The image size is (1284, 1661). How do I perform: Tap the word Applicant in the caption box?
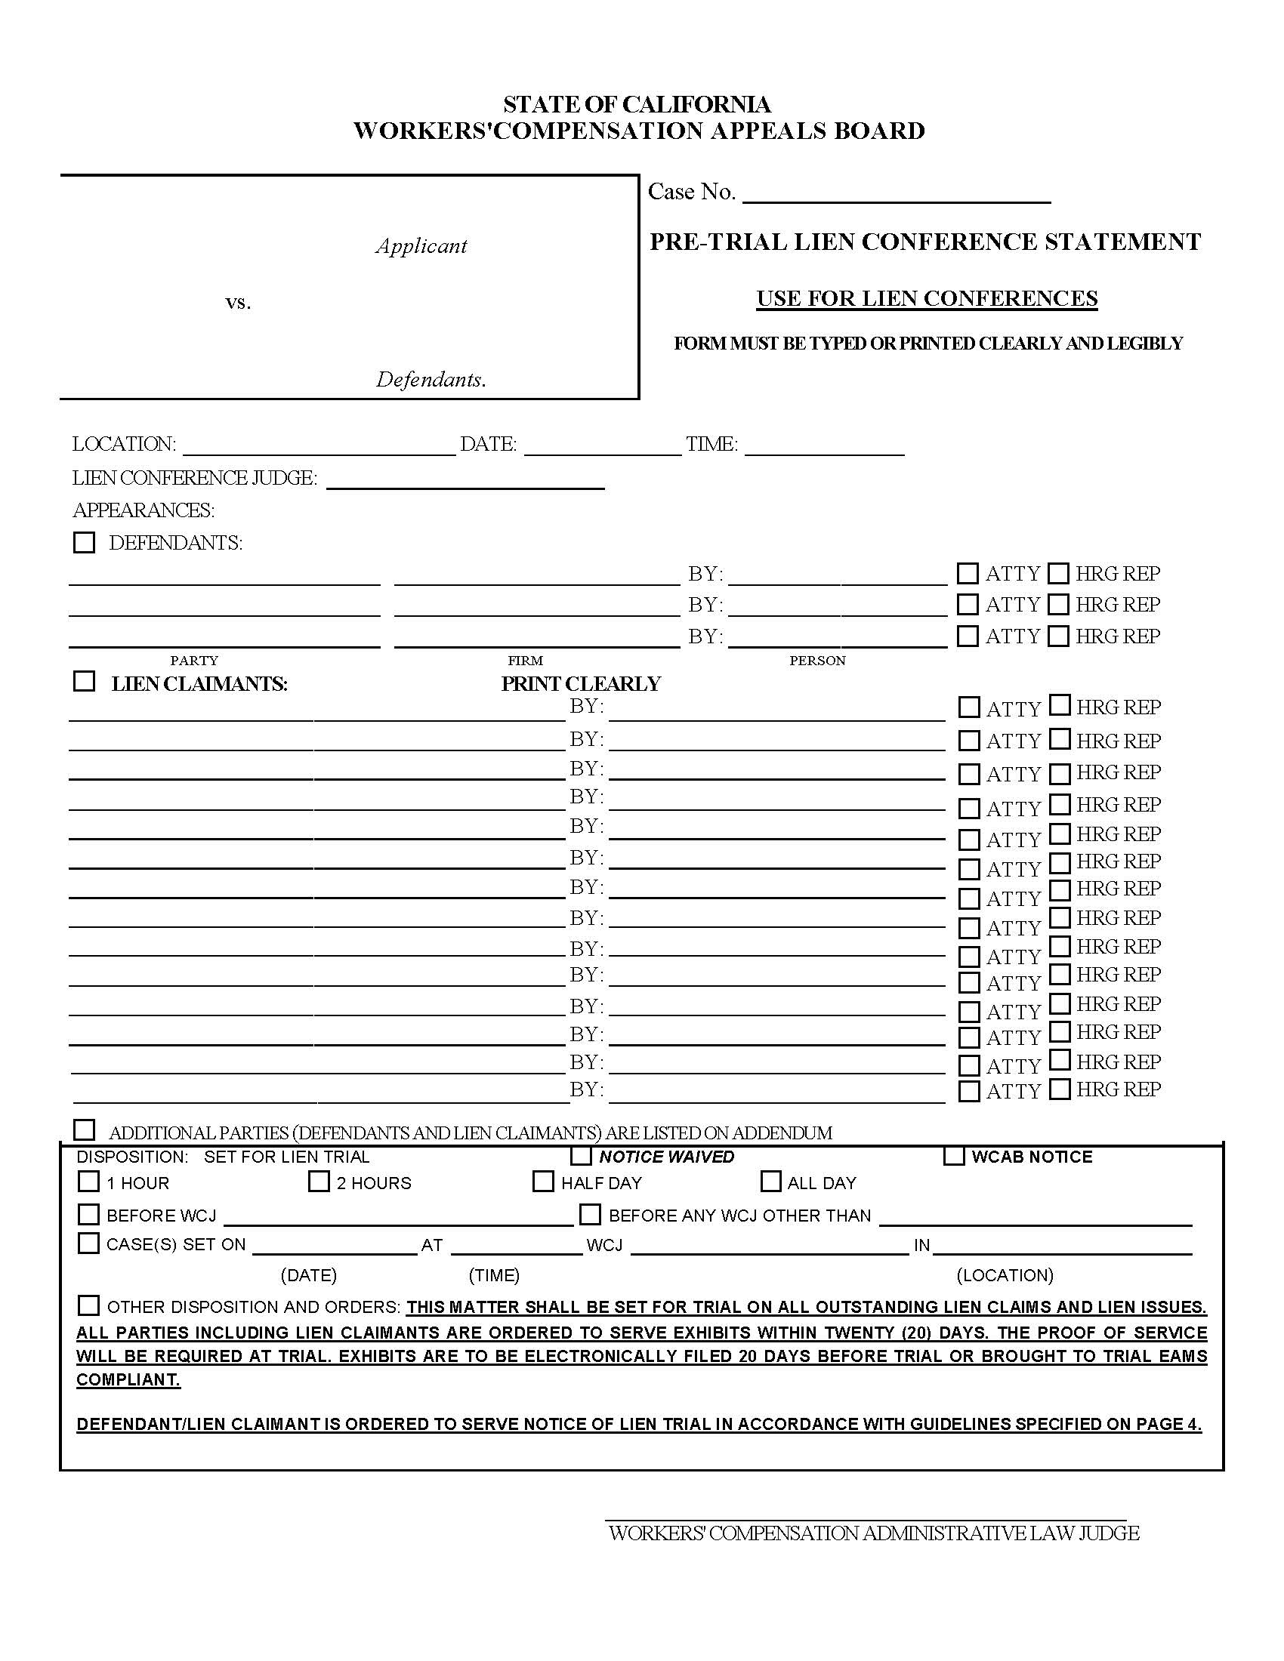421,245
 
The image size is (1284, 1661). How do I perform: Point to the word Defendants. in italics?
431,380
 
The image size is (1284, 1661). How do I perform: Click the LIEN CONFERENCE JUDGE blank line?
465,480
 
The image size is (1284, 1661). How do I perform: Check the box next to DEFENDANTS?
85,543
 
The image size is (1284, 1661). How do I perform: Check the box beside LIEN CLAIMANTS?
85,682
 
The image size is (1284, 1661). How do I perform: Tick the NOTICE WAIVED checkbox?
582,1157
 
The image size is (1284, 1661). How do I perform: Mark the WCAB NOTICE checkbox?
954,1156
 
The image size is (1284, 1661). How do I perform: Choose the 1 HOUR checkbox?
89,1182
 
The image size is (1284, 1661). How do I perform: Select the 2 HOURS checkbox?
319,1182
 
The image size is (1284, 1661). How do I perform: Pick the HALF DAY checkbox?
543,1182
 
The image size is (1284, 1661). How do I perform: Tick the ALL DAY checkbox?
770,1182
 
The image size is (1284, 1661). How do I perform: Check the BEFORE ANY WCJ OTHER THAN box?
591,1214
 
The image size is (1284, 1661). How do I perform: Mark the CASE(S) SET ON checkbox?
89,1243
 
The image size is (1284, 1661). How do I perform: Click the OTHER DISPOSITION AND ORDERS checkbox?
89,1306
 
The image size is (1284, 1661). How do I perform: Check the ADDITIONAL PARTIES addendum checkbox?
85,1130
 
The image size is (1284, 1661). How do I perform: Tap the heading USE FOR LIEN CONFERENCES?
927,298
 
